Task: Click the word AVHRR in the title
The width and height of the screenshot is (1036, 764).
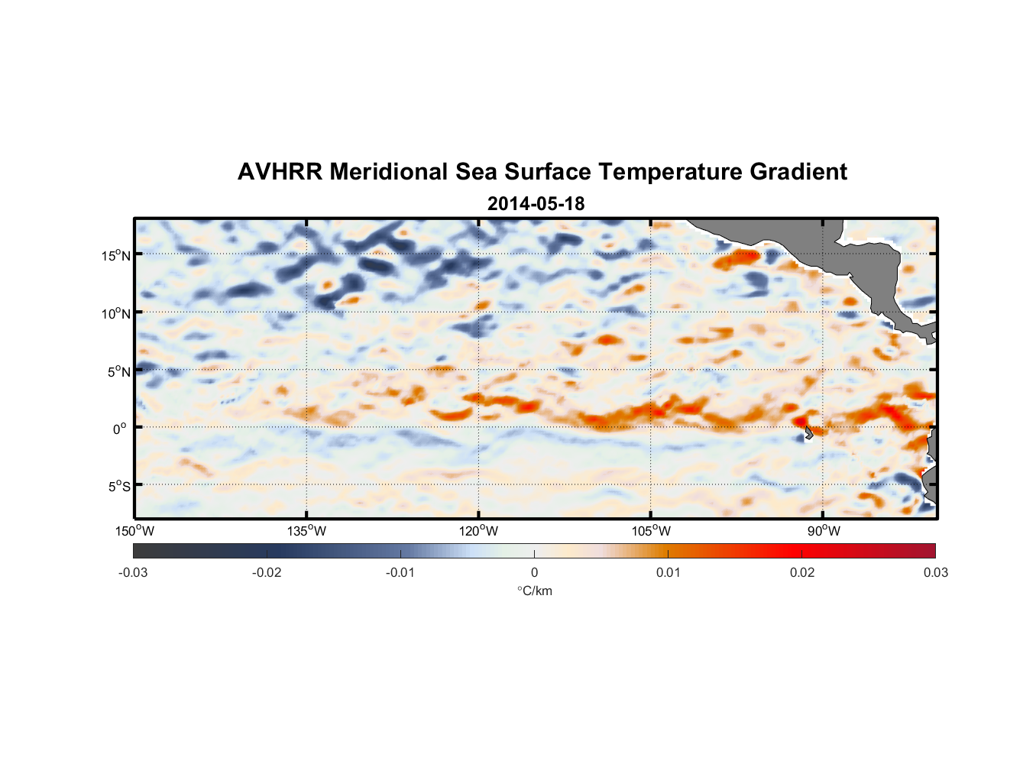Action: point(280,172)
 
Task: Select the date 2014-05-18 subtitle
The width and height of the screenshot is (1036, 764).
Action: point(536,204)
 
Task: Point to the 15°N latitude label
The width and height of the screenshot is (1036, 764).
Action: point(116,255)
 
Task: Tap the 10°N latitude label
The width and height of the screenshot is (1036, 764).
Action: point(116,313)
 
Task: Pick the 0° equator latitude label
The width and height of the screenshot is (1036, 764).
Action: point(120,429)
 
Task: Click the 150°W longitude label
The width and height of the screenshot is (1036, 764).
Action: point(135,531)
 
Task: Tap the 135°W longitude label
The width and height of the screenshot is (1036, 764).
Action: point(307,531)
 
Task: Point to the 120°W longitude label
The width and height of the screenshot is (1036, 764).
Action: point(479,531)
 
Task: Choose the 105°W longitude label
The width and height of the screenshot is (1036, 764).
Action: point(651,531)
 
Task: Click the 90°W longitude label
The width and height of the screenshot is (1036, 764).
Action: point(824,531)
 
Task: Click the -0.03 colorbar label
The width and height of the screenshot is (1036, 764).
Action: point(133,572)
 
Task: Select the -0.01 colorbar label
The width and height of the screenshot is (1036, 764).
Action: point(400,572)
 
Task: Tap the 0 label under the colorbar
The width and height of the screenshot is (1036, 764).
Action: point(534,572)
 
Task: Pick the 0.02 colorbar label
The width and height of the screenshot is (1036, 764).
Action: point(802,572)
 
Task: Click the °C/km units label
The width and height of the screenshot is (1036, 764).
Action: point(534,591)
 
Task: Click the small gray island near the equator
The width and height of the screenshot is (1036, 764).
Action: point(808,433)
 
